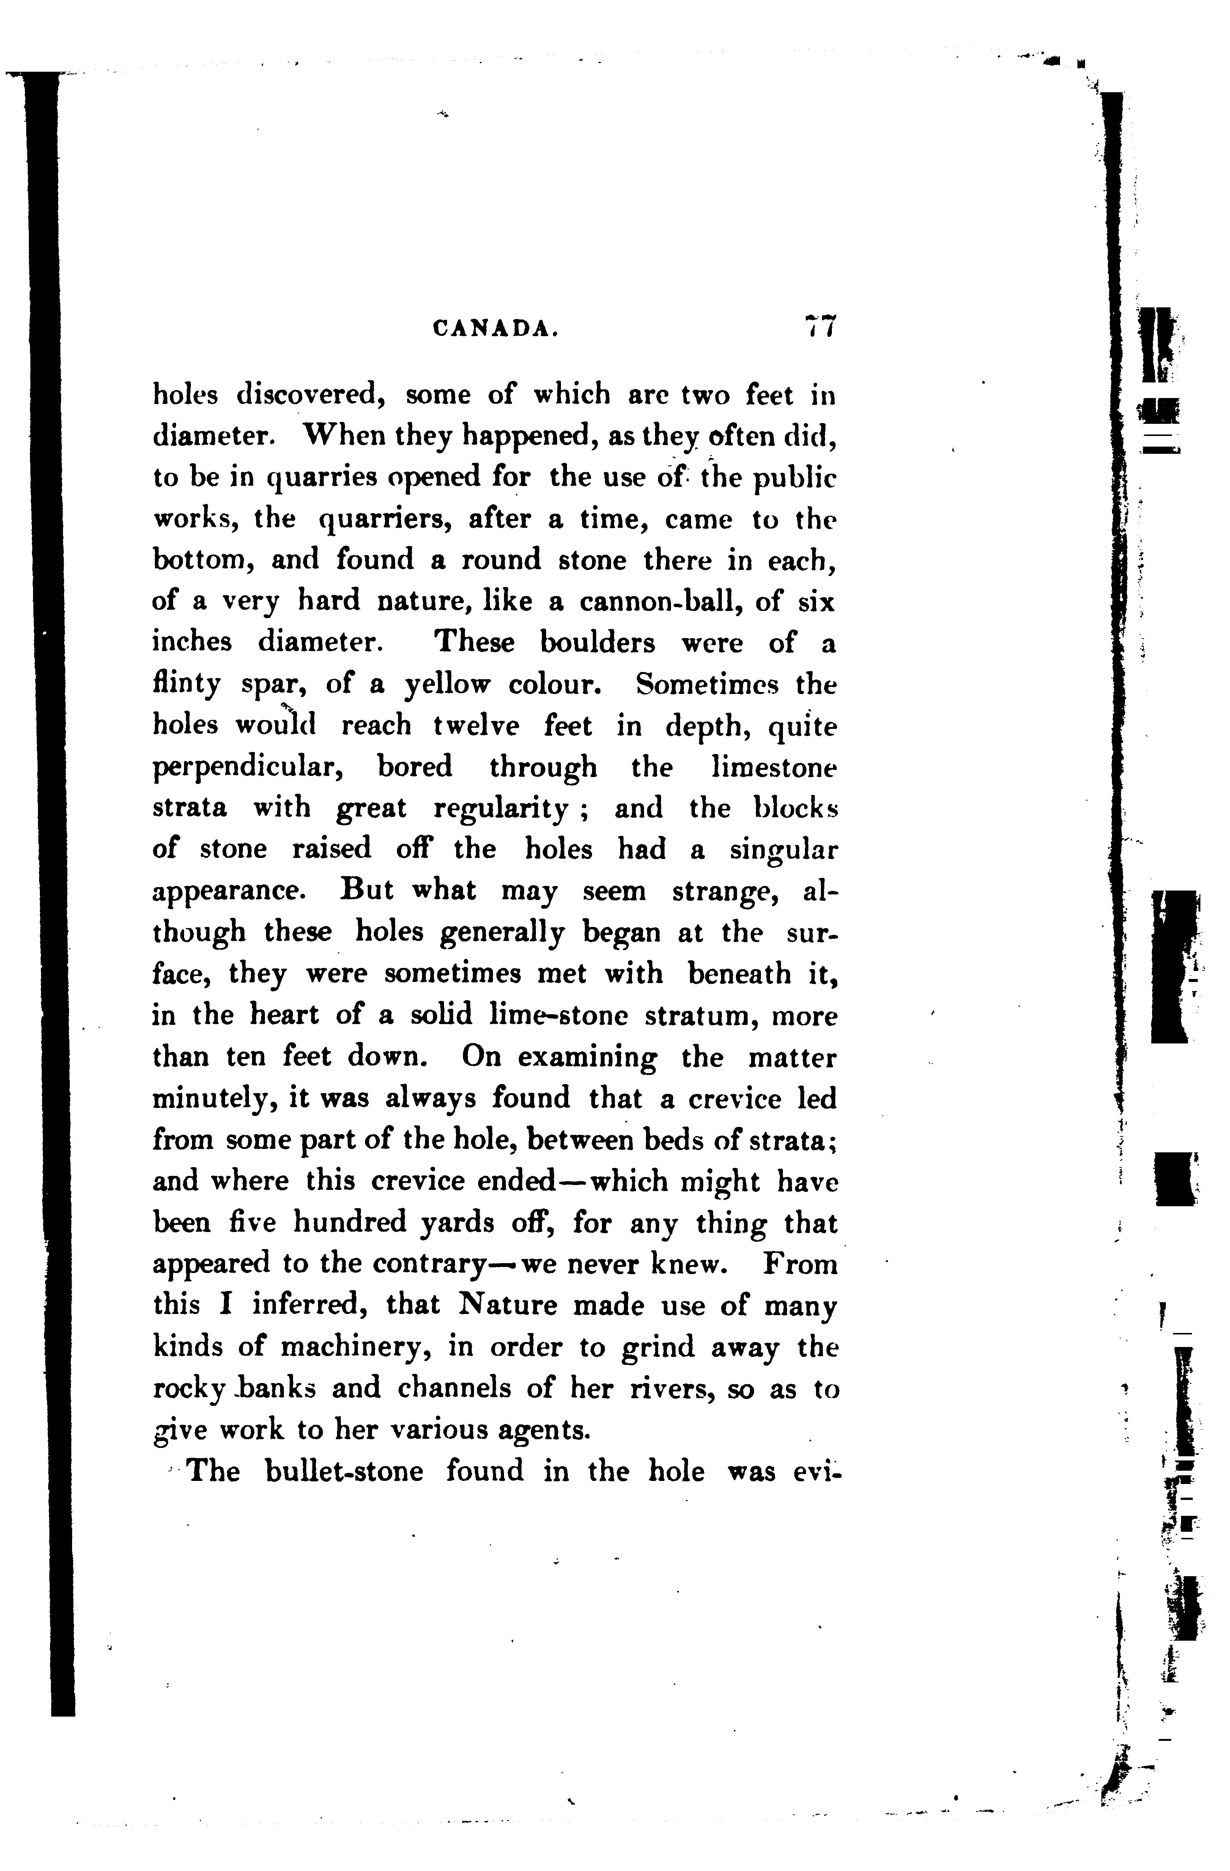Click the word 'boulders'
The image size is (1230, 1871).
tap(598, 643)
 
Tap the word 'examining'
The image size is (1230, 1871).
tap(587, 1057)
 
